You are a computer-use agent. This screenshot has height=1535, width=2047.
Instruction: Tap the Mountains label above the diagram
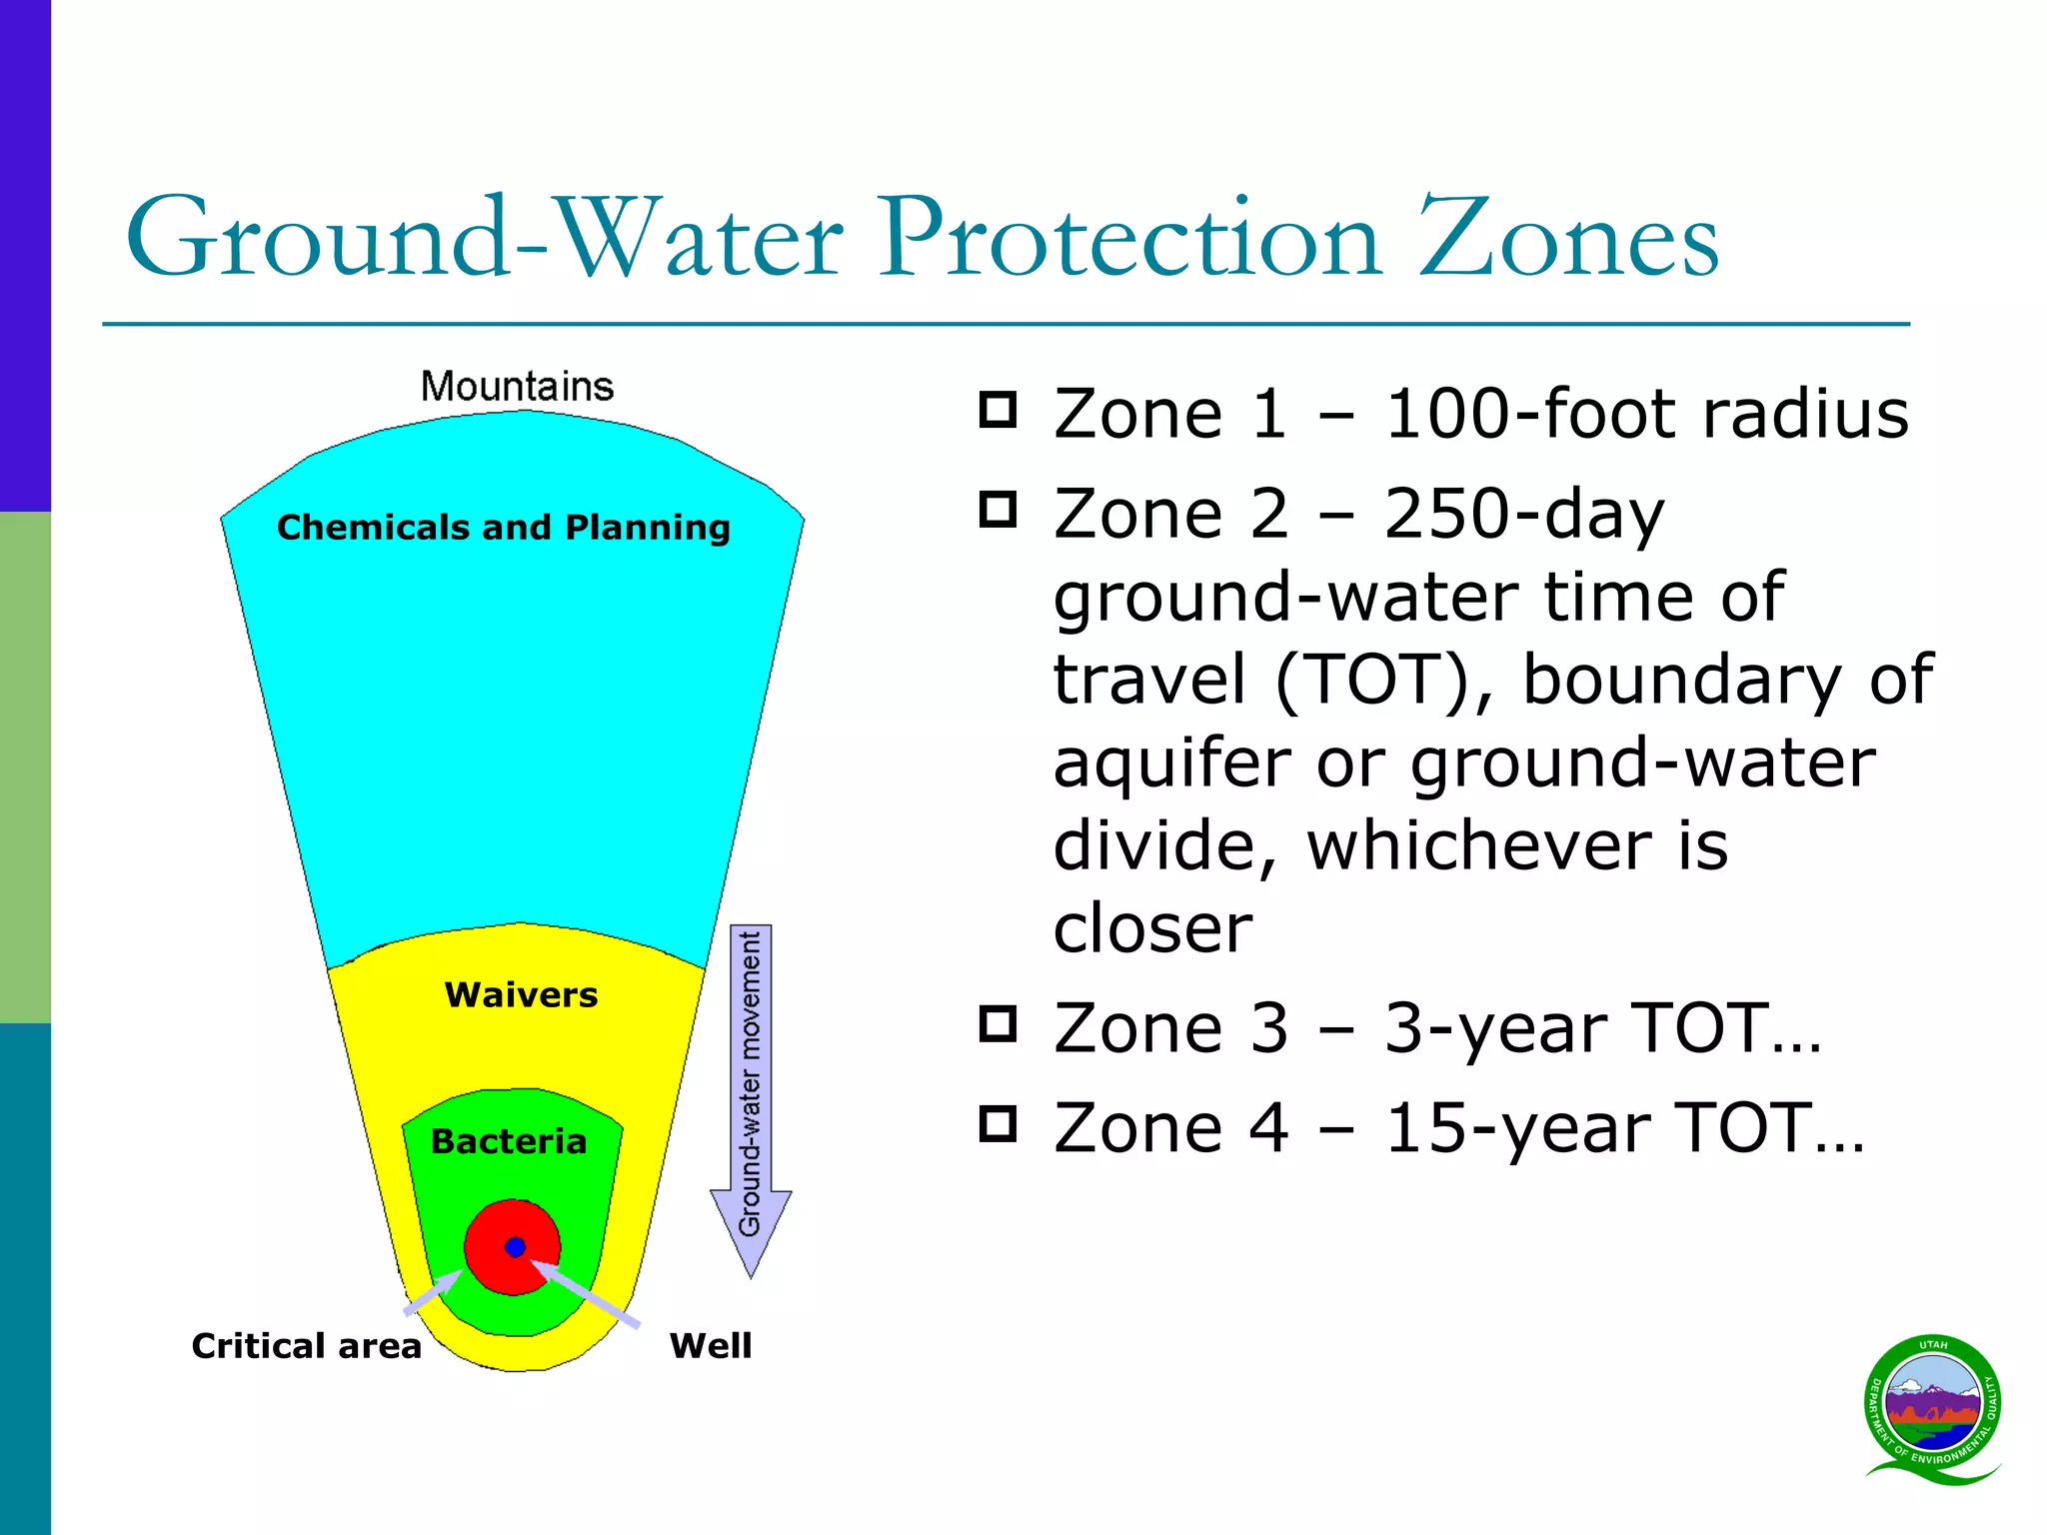tap(517, 387)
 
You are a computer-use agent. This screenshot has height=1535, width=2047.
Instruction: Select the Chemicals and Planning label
tap(503, 527)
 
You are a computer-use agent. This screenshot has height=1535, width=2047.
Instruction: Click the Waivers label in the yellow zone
tap(521, 994)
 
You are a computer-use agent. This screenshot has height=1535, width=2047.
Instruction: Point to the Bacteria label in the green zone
tap(508, 1141)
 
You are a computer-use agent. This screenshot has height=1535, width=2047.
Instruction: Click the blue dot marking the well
tap(515, 1246)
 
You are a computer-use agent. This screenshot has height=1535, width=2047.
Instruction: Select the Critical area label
tap(306, 1345)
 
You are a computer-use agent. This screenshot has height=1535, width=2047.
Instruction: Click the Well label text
tap(710, 1345)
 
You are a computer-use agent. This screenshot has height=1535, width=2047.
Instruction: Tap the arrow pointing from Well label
tap(590, 1296)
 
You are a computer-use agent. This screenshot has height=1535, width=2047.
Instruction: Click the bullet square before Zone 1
tap(998, 410)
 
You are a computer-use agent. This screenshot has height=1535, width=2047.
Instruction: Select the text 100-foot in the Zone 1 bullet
tap(1529, 413)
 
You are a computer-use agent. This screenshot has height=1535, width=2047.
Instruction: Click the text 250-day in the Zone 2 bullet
tap(1524, 514)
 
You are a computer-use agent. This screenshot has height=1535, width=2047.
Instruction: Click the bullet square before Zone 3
tap(998, 1024)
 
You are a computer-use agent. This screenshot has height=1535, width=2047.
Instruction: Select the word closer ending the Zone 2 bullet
tap(1152, 927)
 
